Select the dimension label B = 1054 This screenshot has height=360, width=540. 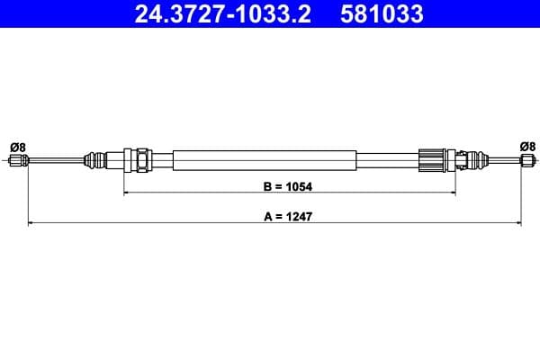281,189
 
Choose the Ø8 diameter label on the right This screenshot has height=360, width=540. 527,146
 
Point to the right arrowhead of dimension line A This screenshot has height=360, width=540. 518,221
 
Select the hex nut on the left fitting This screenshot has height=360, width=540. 141,162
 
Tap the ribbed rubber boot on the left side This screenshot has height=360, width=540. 93,162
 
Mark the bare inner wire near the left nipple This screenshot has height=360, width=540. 54,162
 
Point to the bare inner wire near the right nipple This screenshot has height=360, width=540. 502,162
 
